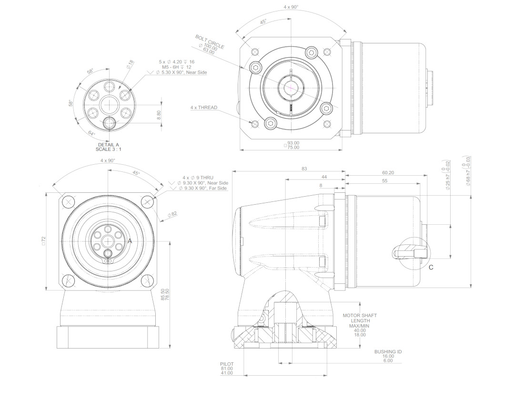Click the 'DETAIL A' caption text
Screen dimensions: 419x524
point(109,144)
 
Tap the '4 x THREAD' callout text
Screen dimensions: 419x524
point(203,108)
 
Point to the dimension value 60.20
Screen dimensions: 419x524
point(388,173)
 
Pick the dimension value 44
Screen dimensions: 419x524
point(323,177)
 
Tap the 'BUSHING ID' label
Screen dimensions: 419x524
point(388,351)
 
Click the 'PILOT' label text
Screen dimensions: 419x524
point(227,364)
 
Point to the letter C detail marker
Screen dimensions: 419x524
point(431,267)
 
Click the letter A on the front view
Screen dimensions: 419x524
point(129,241)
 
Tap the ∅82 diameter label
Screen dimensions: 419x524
point(172,214)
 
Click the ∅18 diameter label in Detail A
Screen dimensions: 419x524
point(130,65)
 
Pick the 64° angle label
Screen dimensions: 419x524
point(91,133)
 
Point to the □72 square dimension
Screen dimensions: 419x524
point(43,241)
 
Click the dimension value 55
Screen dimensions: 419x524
point(384,181)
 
